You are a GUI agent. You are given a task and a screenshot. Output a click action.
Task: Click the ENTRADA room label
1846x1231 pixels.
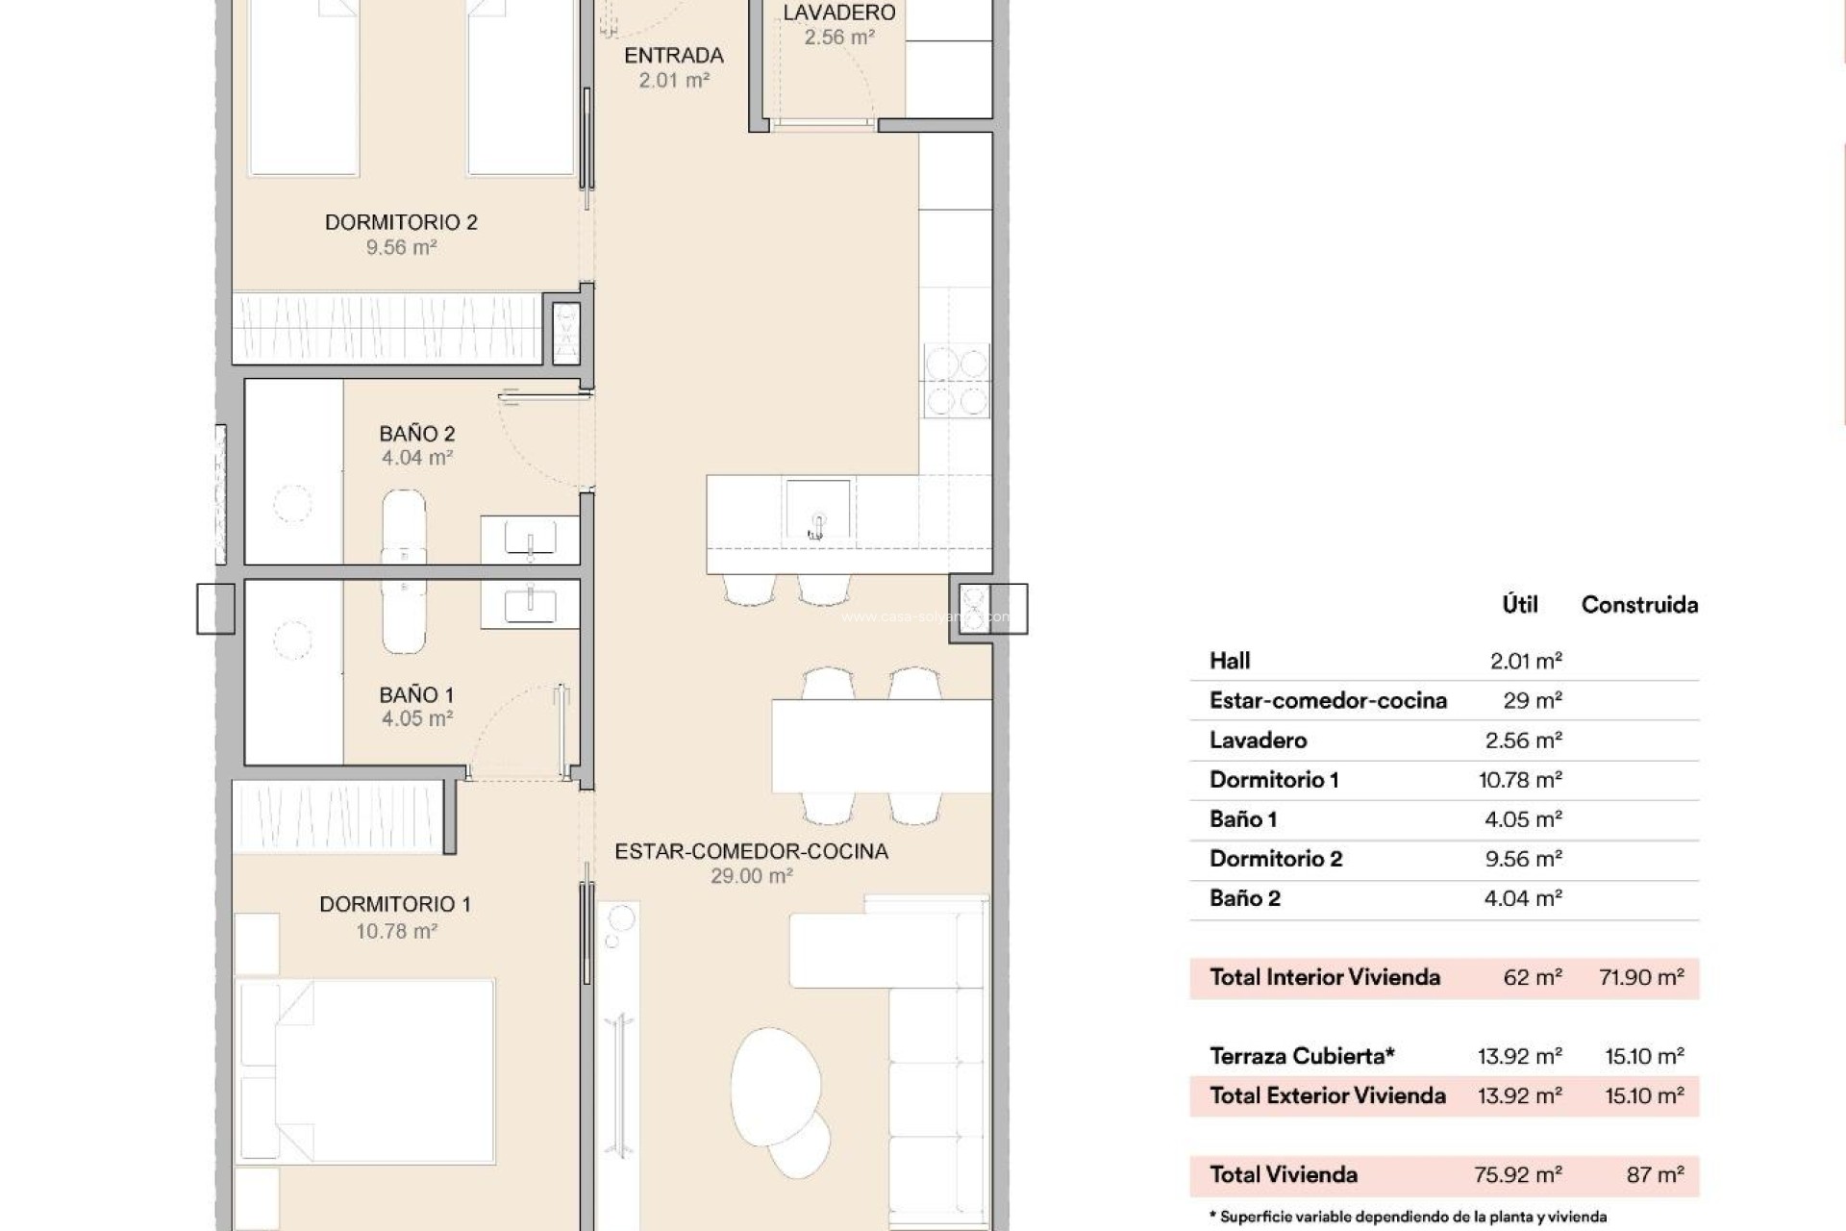tap(673, 56)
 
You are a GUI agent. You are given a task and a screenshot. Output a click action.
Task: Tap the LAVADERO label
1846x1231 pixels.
tap(838, 13)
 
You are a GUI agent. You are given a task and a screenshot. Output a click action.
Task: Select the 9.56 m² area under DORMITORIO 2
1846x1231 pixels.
tap(401, 247)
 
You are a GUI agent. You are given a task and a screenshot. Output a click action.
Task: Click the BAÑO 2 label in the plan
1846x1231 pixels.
tap(416, 434)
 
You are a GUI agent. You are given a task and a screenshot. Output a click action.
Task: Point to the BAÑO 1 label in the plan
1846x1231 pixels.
tap(416, 694)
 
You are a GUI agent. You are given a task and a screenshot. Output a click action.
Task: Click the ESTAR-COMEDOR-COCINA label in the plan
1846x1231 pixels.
tap(751, 851)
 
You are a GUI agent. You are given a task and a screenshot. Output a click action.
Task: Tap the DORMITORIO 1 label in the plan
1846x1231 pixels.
tap(394, 904)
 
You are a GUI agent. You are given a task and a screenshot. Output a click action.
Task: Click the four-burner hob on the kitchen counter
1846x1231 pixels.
tap(956, 380)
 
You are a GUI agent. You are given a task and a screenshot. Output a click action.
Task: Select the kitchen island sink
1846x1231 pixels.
tap(817, 511)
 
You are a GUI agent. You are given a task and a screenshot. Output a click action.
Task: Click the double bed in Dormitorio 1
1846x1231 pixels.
tap(365, 1072)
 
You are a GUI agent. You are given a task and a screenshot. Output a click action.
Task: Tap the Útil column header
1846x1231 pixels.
tap(1519, 605)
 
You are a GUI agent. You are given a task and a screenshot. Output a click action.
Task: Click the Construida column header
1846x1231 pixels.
tap(1639, 605)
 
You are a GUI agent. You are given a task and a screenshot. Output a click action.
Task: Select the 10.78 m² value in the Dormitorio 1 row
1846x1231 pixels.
tap(1520, 780)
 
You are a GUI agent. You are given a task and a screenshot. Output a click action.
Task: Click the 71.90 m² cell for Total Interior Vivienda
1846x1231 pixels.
tap(1641, 978)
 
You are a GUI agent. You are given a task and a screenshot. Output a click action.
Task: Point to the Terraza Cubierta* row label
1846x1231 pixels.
tap(1302, 1056)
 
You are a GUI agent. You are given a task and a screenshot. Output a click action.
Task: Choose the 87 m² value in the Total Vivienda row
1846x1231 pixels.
tap(1655, 1174)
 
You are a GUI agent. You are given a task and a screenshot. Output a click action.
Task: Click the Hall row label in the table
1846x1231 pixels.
tap(1230, 661)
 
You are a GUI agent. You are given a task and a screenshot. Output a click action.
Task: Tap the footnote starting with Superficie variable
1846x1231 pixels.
tap(1408, 1217)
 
